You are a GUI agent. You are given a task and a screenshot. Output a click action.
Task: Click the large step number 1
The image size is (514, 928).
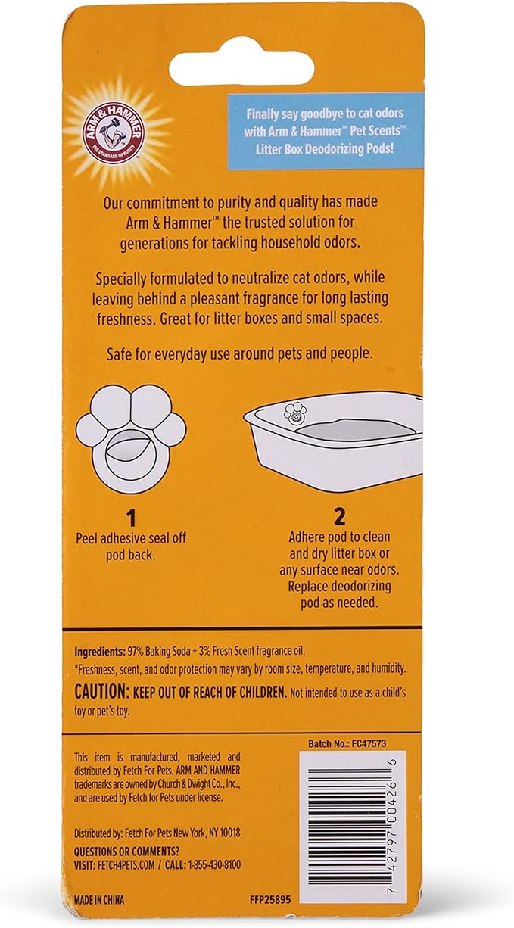point(131,518)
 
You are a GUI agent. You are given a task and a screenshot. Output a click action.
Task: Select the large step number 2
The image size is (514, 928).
point(339,517)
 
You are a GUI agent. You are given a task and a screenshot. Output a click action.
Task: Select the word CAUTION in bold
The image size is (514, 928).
point(102,693)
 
